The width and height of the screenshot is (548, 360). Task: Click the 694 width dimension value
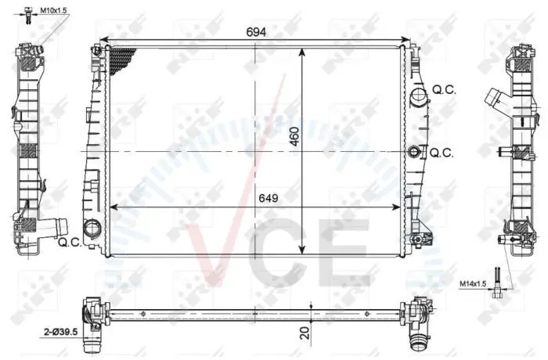256,32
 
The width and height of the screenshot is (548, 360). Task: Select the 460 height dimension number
295,136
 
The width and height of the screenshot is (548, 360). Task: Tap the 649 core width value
269,198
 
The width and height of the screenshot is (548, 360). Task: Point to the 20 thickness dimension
305,333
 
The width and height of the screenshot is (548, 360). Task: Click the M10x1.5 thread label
53,10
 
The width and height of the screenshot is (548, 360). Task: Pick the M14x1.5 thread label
473,284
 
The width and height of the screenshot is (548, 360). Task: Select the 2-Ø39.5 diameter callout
61,332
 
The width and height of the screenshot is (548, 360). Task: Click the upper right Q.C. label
444,90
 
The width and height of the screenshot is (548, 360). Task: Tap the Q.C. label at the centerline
442,153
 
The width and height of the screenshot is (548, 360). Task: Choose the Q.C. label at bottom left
70,242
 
